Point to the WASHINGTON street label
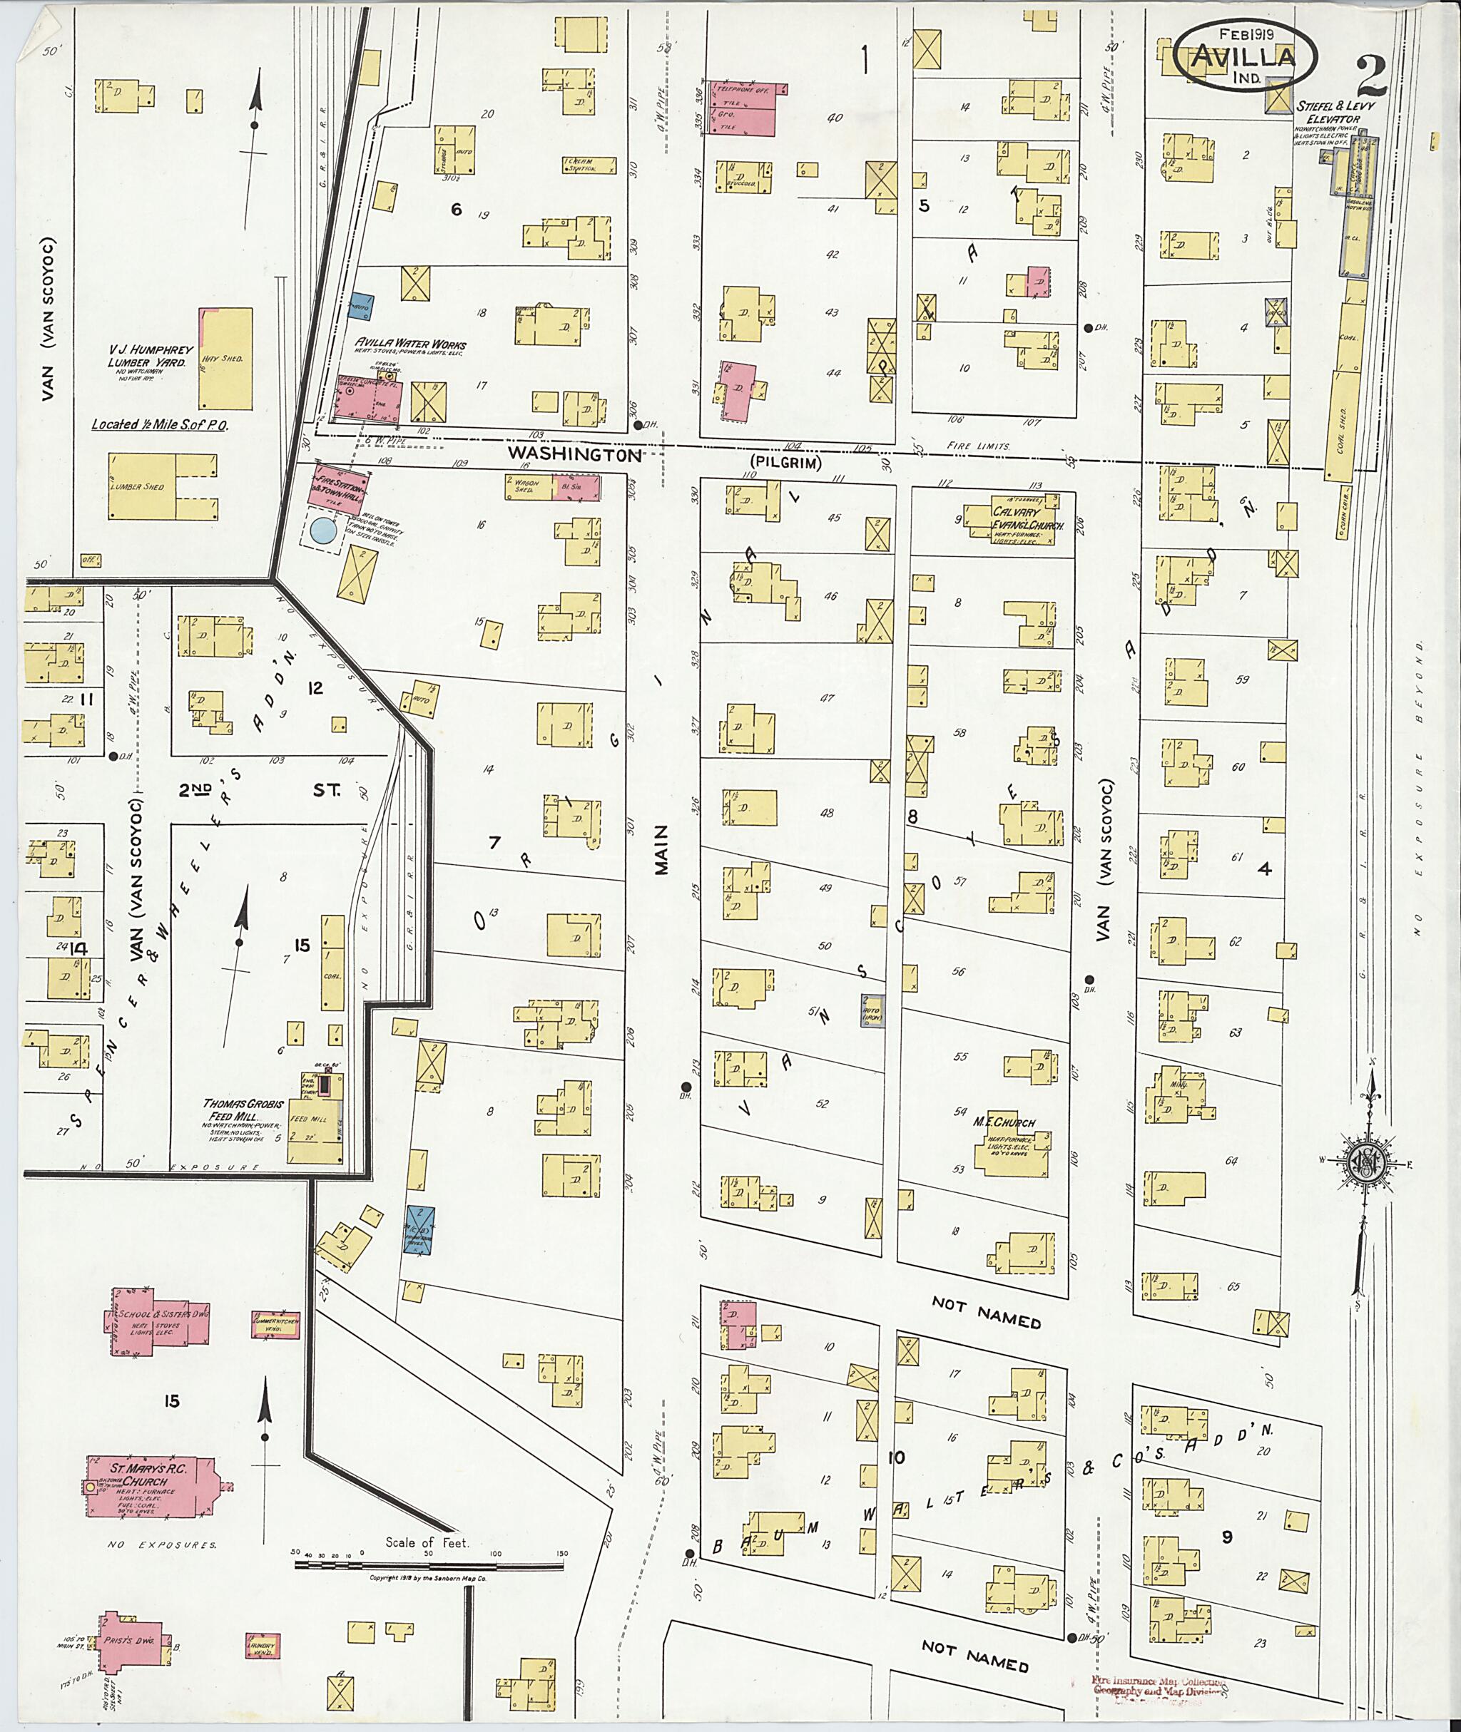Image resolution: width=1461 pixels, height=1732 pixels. pyautogui.click(x=574, y=454)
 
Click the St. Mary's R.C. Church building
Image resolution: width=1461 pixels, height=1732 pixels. pyautogui.click(x=149, y=1487)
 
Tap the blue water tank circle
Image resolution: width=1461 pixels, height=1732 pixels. pyautogui.click(x=322, y=531)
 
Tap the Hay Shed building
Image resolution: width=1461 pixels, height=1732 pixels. pyautogui.click(x=226, y=359)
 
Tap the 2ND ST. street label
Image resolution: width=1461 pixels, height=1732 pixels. pyautogui.click(x=258, y=790)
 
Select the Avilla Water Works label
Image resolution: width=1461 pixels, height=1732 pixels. pyautogui.click(x=411, y=344)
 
